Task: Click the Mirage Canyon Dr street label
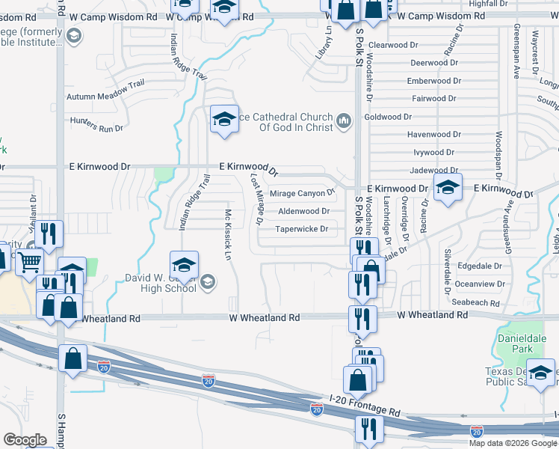(x=298, y=193)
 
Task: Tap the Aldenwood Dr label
(x=303, y=212)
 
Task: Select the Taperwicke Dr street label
(x=302, y=229)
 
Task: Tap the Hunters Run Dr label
(x=96, y=124)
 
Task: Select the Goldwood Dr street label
(x=388, y=117)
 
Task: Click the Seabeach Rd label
(x=476, y=302)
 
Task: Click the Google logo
(x=25, y=440)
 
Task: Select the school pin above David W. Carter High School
(x=184, y=266)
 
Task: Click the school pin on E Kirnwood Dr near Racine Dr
(x=448, y=189)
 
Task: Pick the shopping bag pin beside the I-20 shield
(x=72, y=358)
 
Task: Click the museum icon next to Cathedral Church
(x=344, y=121)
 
